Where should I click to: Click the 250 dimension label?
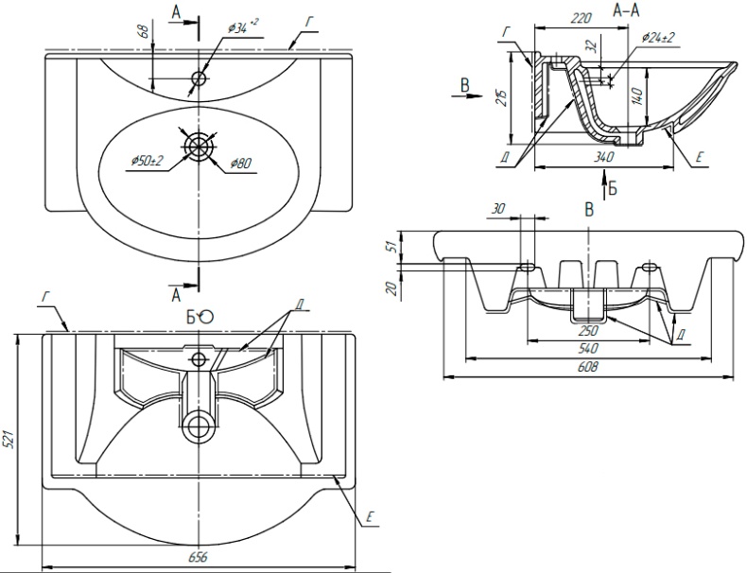(586, 331)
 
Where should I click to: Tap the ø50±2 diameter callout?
(148, 161)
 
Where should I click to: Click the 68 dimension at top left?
(144, 31)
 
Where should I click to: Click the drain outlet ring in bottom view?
(199, 426)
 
